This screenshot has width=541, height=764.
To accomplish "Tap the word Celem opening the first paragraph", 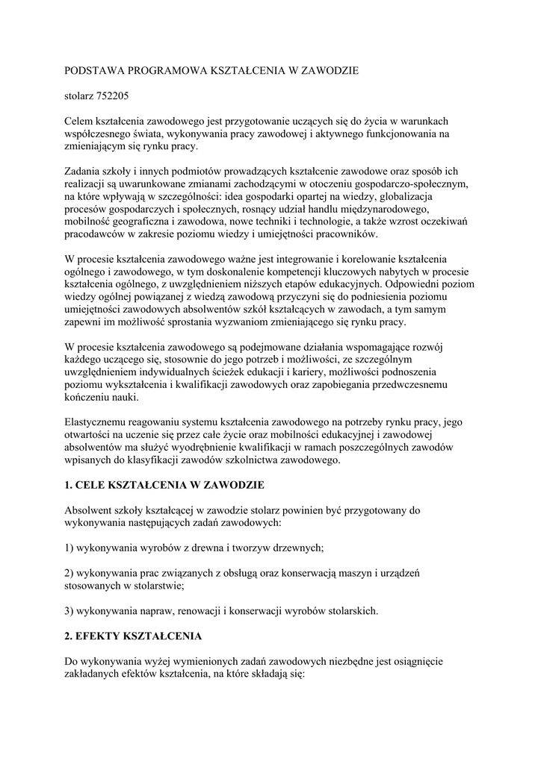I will [x=79, y=121].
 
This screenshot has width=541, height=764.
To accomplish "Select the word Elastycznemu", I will [x=98, y=422].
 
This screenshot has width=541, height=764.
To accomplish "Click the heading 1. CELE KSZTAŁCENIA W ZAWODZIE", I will [x=165, y=486].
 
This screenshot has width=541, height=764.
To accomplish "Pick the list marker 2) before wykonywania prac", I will [x=70, y=573].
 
